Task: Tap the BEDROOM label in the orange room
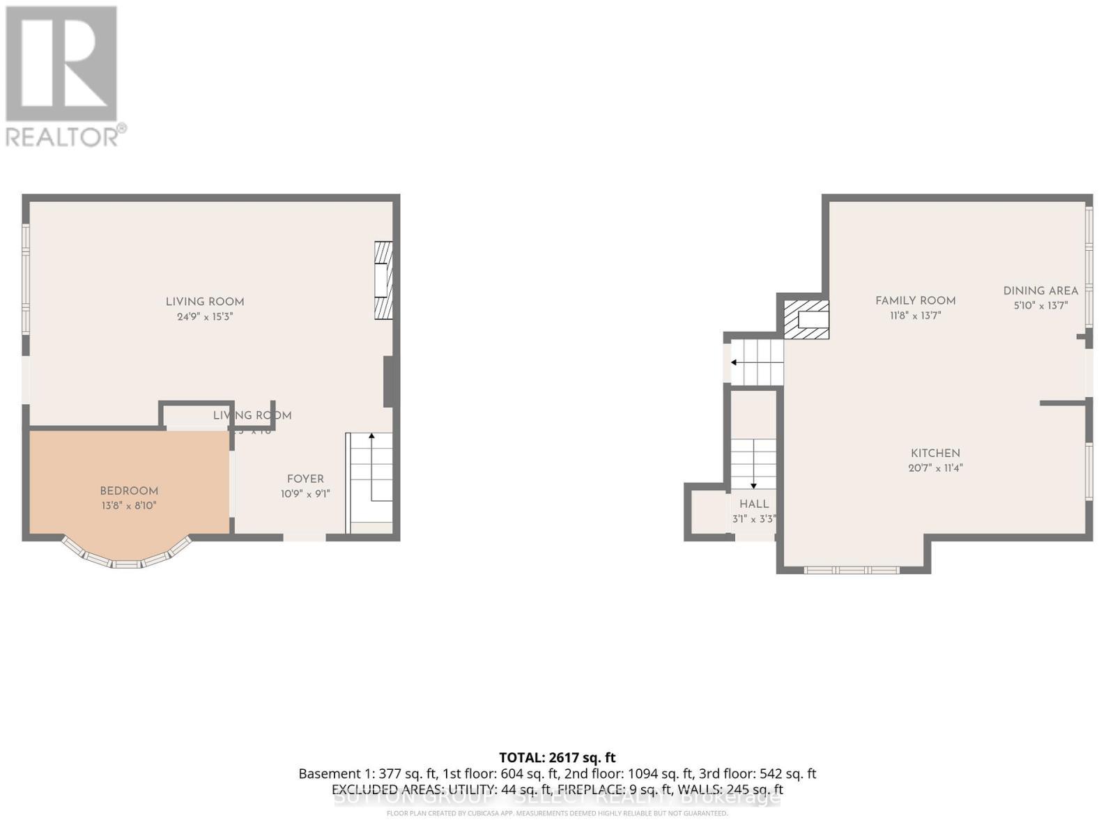click(x=129, y=491)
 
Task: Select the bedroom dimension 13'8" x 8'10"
click(x=129, y=506)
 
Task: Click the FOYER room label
click(x=305, y=479)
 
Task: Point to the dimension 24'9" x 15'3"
click(x=205, y=317)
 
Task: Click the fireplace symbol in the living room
click(x=383, y=280)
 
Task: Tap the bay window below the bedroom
click(x=127, y=557)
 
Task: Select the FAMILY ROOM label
click(x=915, y=301)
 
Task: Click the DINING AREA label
click(x=1040, y=291)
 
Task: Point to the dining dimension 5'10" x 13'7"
click(x=1040, y=306)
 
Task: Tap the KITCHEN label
click(x=935, y=454)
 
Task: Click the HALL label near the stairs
click(x=754, y=504)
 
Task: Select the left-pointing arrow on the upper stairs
click(x=735, y=362)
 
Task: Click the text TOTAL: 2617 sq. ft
click(x=557, y=758)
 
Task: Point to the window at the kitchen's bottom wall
click(x=852, y=570)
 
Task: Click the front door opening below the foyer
click(x=305, y=537)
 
